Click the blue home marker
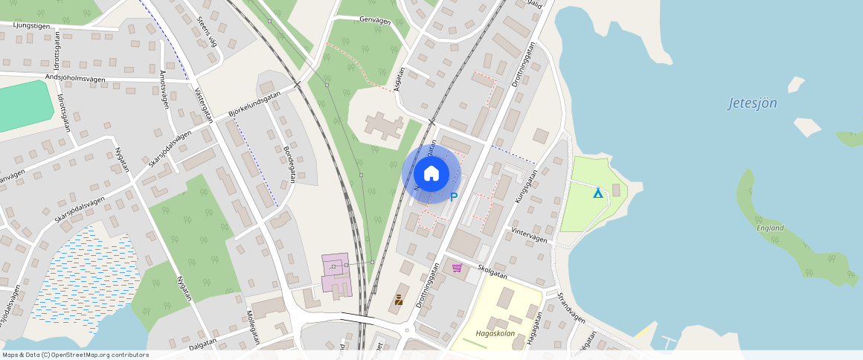click(x=431, y=174)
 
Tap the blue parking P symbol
click(x=454, y=197)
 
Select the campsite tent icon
click(x=597, y=193)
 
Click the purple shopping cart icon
click(x=457, y=268)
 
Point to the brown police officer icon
click(x=399, y=300)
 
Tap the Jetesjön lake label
click(x=752, y=103)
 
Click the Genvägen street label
click(x=375, y=21)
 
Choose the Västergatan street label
click(x=203, y=105)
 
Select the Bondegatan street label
click(x=289, y=164)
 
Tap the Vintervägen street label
click(x=530, y=235)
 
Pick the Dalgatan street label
click(x=203, y=342)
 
